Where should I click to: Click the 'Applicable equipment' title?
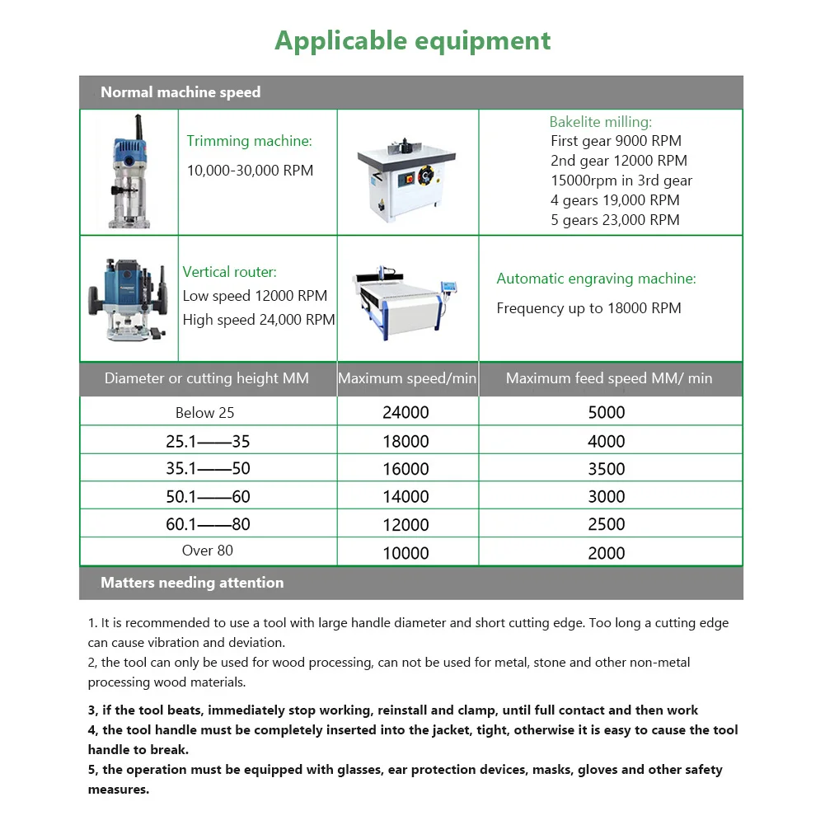[x=412, y=40]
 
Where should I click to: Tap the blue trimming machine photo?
[x=129, y=171]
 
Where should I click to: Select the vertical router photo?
[x=128, y=298]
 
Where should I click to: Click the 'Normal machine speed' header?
[x=180, y=92]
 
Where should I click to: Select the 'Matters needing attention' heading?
[x=192, y=583]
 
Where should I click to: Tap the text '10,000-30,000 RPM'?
[x=250, y=171]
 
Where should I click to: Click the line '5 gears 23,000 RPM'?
[x=615, y=220]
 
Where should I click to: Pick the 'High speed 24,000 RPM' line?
[x=259, y=320]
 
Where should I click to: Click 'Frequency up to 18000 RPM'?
[x=588, y=308]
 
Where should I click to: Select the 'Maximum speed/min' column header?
[x=407, y=379]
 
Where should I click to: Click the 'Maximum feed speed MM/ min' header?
[x=609, y=379]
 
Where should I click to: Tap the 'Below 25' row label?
[x=205, y=412]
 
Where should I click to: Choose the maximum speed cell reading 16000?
[x=406, y=469]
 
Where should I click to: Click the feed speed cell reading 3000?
[x=607, y=497]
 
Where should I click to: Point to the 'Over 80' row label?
[x=208, y=551]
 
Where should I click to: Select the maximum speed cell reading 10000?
[x=406, y=553]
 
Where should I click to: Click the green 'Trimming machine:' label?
[x=249, y=141]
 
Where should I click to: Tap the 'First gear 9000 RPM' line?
[x=616, y=141]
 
